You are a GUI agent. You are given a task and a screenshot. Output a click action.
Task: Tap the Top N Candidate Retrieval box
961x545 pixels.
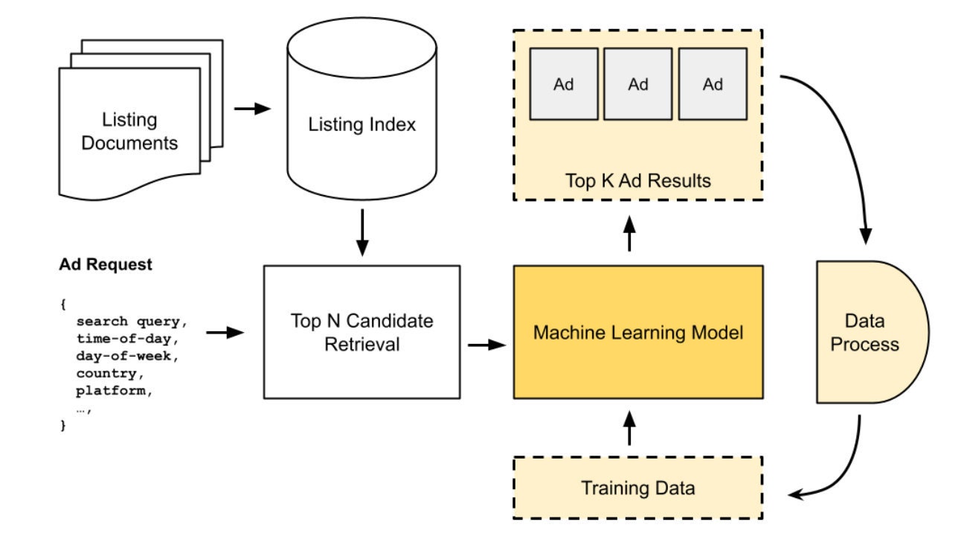click(361, 332)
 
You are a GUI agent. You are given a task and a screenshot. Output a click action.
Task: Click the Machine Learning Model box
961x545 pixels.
click(637, 332)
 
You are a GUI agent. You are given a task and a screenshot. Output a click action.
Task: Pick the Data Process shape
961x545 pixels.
click(866, 332)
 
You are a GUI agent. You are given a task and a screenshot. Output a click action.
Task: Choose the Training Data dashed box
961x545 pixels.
click(637, 488)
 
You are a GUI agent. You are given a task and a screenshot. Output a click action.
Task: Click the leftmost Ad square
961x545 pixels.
click(564, 84)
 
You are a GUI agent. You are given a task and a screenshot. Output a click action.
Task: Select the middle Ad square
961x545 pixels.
click(638, 84)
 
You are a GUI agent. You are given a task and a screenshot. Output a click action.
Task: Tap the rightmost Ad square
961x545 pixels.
click(713, 84)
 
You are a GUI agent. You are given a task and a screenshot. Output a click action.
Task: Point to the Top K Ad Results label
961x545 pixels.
click(637, 180)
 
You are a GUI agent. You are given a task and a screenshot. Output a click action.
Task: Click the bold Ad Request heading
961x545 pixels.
click(105, 265)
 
